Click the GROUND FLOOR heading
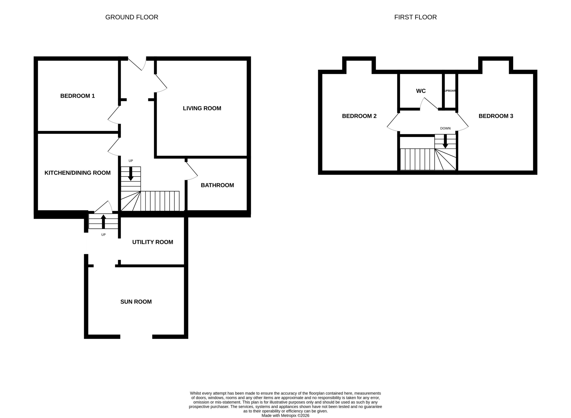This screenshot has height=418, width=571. coord(132,17)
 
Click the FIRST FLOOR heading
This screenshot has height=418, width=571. coord(415,17)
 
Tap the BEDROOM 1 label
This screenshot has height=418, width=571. coord(77,96)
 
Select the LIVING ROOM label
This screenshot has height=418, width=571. coord(202,108)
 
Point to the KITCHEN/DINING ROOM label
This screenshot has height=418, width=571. coord(77,173)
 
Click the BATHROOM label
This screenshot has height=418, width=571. coord(217,185)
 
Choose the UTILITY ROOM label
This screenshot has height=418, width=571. coord(153,242)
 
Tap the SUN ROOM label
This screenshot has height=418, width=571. coord(136,302)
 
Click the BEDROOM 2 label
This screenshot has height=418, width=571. coord(359,116)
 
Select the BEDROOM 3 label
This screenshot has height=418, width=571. coord(496,116)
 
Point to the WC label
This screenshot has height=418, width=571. coord(421,91)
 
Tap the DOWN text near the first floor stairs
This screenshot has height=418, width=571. coord(445,128)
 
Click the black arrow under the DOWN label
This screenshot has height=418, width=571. coord(445,141)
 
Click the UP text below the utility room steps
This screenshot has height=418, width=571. coord(103,235)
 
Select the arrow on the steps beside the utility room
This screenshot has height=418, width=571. coord(103,222)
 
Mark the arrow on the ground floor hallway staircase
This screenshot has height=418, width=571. coord(131,174)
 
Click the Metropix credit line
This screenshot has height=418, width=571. coord(285,416)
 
